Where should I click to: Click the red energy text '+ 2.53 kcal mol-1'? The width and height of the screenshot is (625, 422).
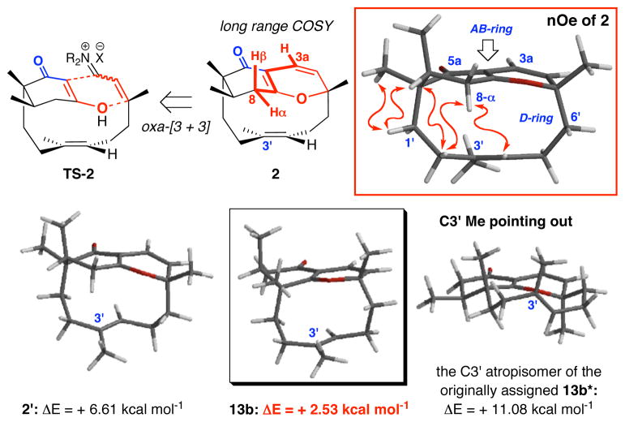click(x=334, y=402)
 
